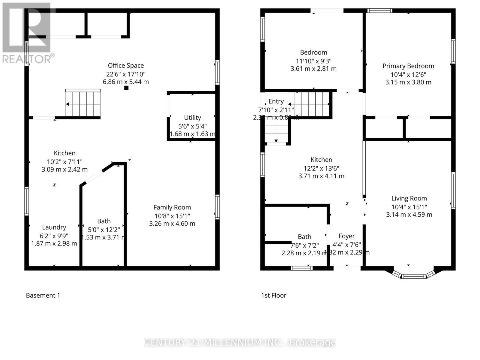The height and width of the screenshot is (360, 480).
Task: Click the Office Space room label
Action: click(126, 65)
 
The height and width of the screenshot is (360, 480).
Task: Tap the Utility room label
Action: click(192, 118)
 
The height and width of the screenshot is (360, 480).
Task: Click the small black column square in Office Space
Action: click(126, 88)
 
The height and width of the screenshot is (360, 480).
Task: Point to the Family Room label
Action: click(172, 207)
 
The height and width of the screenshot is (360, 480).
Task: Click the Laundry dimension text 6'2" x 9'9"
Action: click(54, 235)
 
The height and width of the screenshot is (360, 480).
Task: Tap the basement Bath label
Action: click(104, 221)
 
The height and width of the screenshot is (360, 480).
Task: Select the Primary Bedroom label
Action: click(408, 66)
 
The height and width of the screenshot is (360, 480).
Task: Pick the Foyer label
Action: click(346, 236)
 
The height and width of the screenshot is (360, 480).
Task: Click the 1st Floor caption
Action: click(274, 295)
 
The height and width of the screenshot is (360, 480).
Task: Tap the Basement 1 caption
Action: click(43, 295)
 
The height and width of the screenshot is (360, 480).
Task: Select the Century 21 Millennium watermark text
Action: click(240, 342)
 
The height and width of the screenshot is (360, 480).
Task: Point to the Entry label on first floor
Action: click(276, 101)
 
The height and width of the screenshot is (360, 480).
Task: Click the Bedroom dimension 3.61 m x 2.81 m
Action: click(313, 69)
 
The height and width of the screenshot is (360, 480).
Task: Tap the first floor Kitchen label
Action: click(321, 160)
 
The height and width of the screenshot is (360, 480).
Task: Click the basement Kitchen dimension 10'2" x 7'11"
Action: click(64, 161)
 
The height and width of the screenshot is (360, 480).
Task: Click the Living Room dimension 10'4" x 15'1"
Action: click(409, 207)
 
